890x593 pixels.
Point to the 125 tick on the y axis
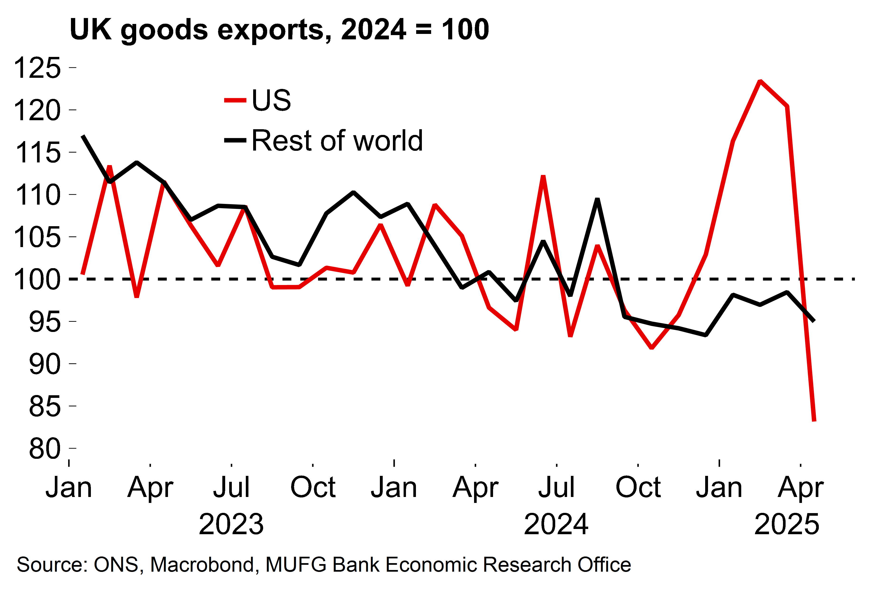tap(37, 68)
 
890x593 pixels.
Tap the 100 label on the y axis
tap(37, 280)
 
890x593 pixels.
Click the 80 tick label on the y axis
tap(45, 449)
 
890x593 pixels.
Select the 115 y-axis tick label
tap(37, 153)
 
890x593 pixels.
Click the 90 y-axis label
tap(45, 364)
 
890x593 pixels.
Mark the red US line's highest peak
tap(760, 81)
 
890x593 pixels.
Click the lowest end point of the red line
tap(814, 421)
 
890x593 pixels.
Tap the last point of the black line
tap(814, 321)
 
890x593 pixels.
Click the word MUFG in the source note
tap(296, 565)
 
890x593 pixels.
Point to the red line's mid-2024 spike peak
tap(543, 177)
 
